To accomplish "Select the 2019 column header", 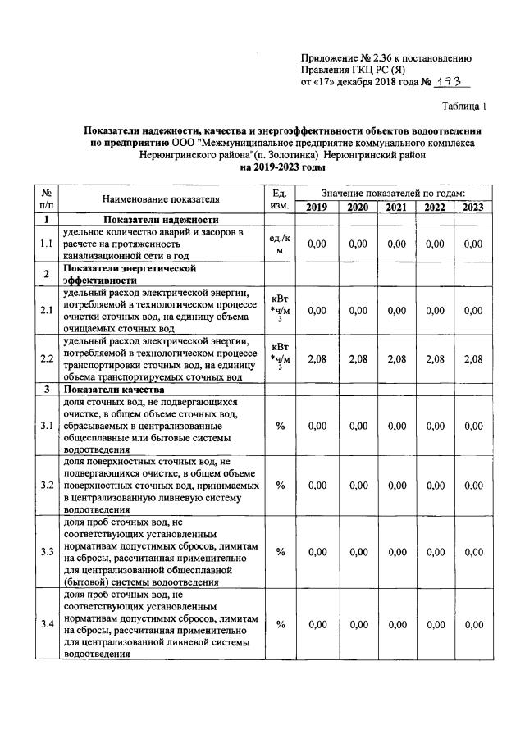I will (316, 207).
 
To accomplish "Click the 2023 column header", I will (472, 207).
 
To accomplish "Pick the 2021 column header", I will (396, 207).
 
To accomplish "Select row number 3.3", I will (47, 551).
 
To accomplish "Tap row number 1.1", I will (47, 244).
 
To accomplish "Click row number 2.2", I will (47, 359).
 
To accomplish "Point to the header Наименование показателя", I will (161, 199).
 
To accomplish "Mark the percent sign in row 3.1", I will (280, 426).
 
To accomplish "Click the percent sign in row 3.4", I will (280, 625).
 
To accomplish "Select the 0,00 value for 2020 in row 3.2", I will (357, 486).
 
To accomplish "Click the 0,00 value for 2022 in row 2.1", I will (435, 310).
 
